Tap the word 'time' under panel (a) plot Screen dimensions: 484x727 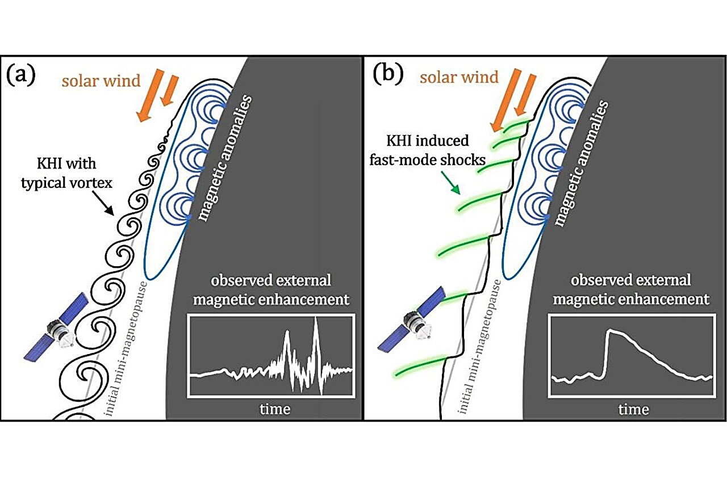(274, 409)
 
